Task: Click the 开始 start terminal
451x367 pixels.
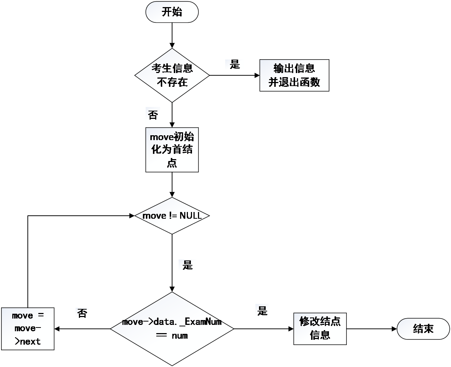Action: (172, 12)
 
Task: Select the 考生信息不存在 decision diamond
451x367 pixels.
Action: (172, 75)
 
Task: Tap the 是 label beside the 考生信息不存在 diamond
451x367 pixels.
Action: (235, 64)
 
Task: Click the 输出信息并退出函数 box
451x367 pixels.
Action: (294, 75)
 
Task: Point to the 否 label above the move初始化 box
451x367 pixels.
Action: (153, 115)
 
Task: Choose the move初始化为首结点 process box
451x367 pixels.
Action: (172, 150)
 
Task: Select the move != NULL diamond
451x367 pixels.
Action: (172, 216)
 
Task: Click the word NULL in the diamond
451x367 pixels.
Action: (191, 216)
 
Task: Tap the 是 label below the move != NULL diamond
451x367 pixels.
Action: (188, 265)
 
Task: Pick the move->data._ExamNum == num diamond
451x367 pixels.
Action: (172, 329)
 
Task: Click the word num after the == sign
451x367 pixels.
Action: (180, 336)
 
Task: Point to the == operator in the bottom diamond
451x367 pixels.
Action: (161, 335)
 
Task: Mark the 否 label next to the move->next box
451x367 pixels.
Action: (82, 313)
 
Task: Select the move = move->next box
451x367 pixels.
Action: (28, 329)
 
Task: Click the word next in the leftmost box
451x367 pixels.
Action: (30, 342)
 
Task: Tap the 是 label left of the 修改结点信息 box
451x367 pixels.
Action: (262, 311)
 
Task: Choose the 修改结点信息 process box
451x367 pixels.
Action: (320, 329)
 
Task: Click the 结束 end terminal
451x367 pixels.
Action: (423, 329)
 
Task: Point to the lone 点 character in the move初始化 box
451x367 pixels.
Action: (172, 163)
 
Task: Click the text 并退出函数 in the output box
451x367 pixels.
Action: (294, 82)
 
